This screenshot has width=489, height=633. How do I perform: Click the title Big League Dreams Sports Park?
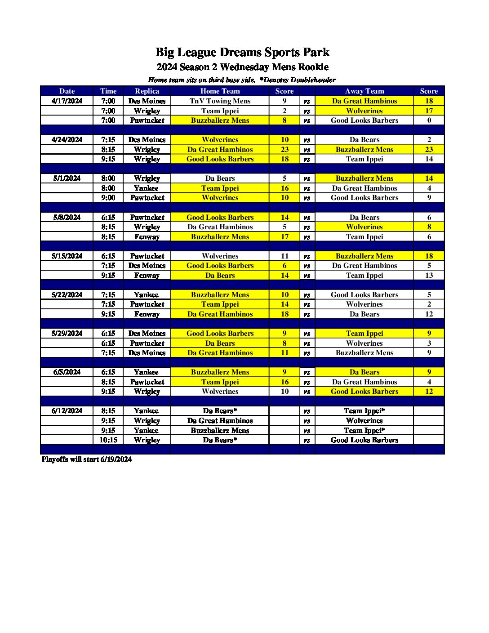(x=242, y=52)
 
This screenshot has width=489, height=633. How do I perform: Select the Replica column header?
(x=147, y=91)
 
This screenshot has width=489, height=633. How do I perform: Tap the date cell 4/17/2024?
(x=67, y=101)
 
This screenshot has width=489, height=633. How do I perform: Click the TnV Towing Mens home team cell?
(x=220, y=101)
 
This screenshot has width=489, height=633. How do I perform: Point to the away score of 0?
(x=429, y=120)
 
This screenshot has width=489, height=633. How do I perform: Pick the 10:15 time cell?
(x=108, y=440)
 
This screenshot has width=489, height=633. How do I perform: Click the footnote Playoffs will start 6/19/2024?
(x=87, y=459)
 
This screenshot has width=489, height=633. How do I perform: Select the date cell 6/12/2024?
(x=67, y=410)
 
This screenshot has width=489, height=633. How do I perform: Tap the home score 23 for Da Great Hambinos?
(x=285, y=149)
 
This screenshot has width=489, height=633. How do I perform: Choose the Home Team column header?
(x=220, y=91)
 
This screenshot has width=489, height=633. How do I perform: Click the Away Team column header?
(x=364, y=91)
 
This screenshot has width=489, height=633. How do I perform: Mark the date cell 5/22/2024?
(x=67, y=294)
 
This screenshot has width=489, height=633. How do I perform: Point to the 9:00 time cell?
(x=108, y=197)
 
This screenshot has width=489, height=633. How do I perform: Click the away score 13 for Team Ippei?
(x=429, y=275)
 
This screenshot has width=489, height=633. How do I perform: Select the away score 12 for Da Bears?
(x=429, y=314)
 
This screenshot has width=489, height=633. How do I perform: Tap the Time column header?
(x=108, y=91)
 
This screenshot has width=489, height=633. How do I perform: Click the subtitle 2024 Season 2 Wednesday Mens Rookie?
(x=242, y=67)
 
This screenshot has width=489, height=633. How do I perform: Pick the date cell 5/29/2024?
(x=67, y=333)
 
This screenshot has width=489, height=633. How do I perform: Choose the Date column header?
(x=67, y=91)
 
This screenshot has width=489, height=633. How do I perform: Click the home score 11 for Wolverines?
(x=285, y=256)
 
